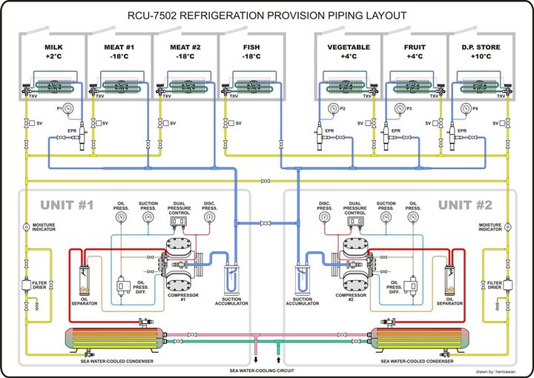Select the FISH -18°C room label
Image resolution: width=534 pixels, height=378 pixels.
click(x=251, y=51)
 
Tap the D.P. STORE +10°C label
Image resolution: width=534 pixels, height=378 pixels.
click(x=478, y=51)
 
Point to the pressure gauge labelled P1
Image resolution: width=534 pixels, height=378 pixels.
click(x=69, y=108)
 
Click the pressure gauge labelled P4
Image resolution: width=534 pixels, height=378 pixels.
click(x=466, y=108)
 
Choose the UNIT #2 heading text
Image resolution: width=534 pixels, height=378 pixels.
click(x=465, y=205)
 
